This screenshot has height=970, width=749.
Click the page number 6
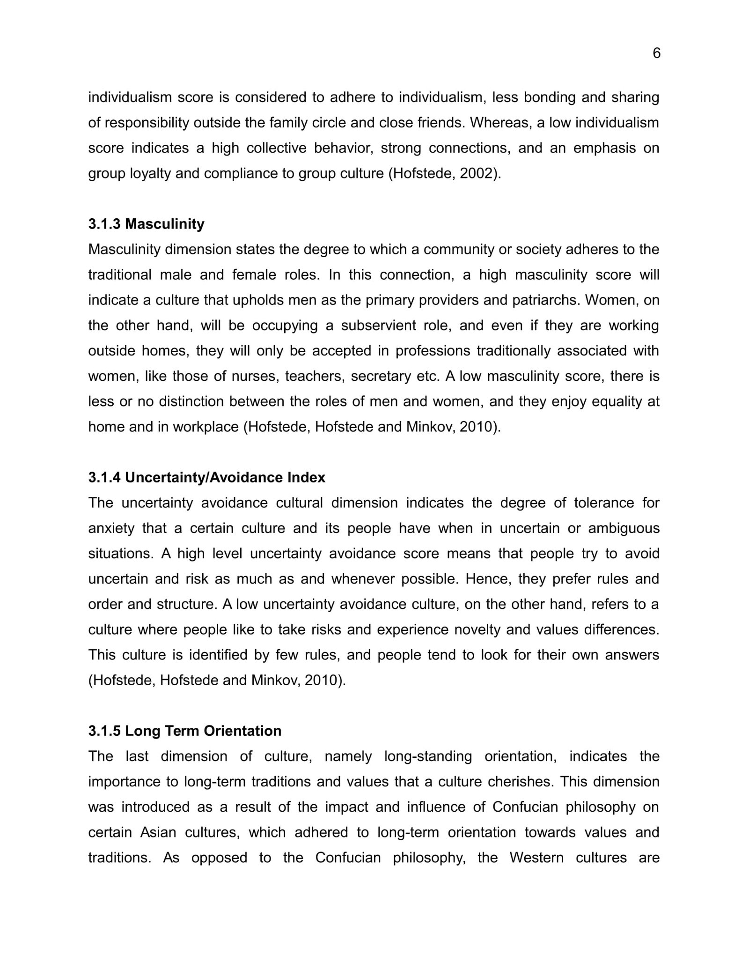(x=656, y=53)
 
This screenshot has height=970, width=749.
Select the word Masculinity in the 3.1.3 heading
(x=165, y=224)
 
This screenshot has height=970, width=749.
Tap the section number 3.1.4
(x=104, y=477)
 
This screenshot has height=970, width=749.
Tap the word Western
(x=536, y=858)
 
